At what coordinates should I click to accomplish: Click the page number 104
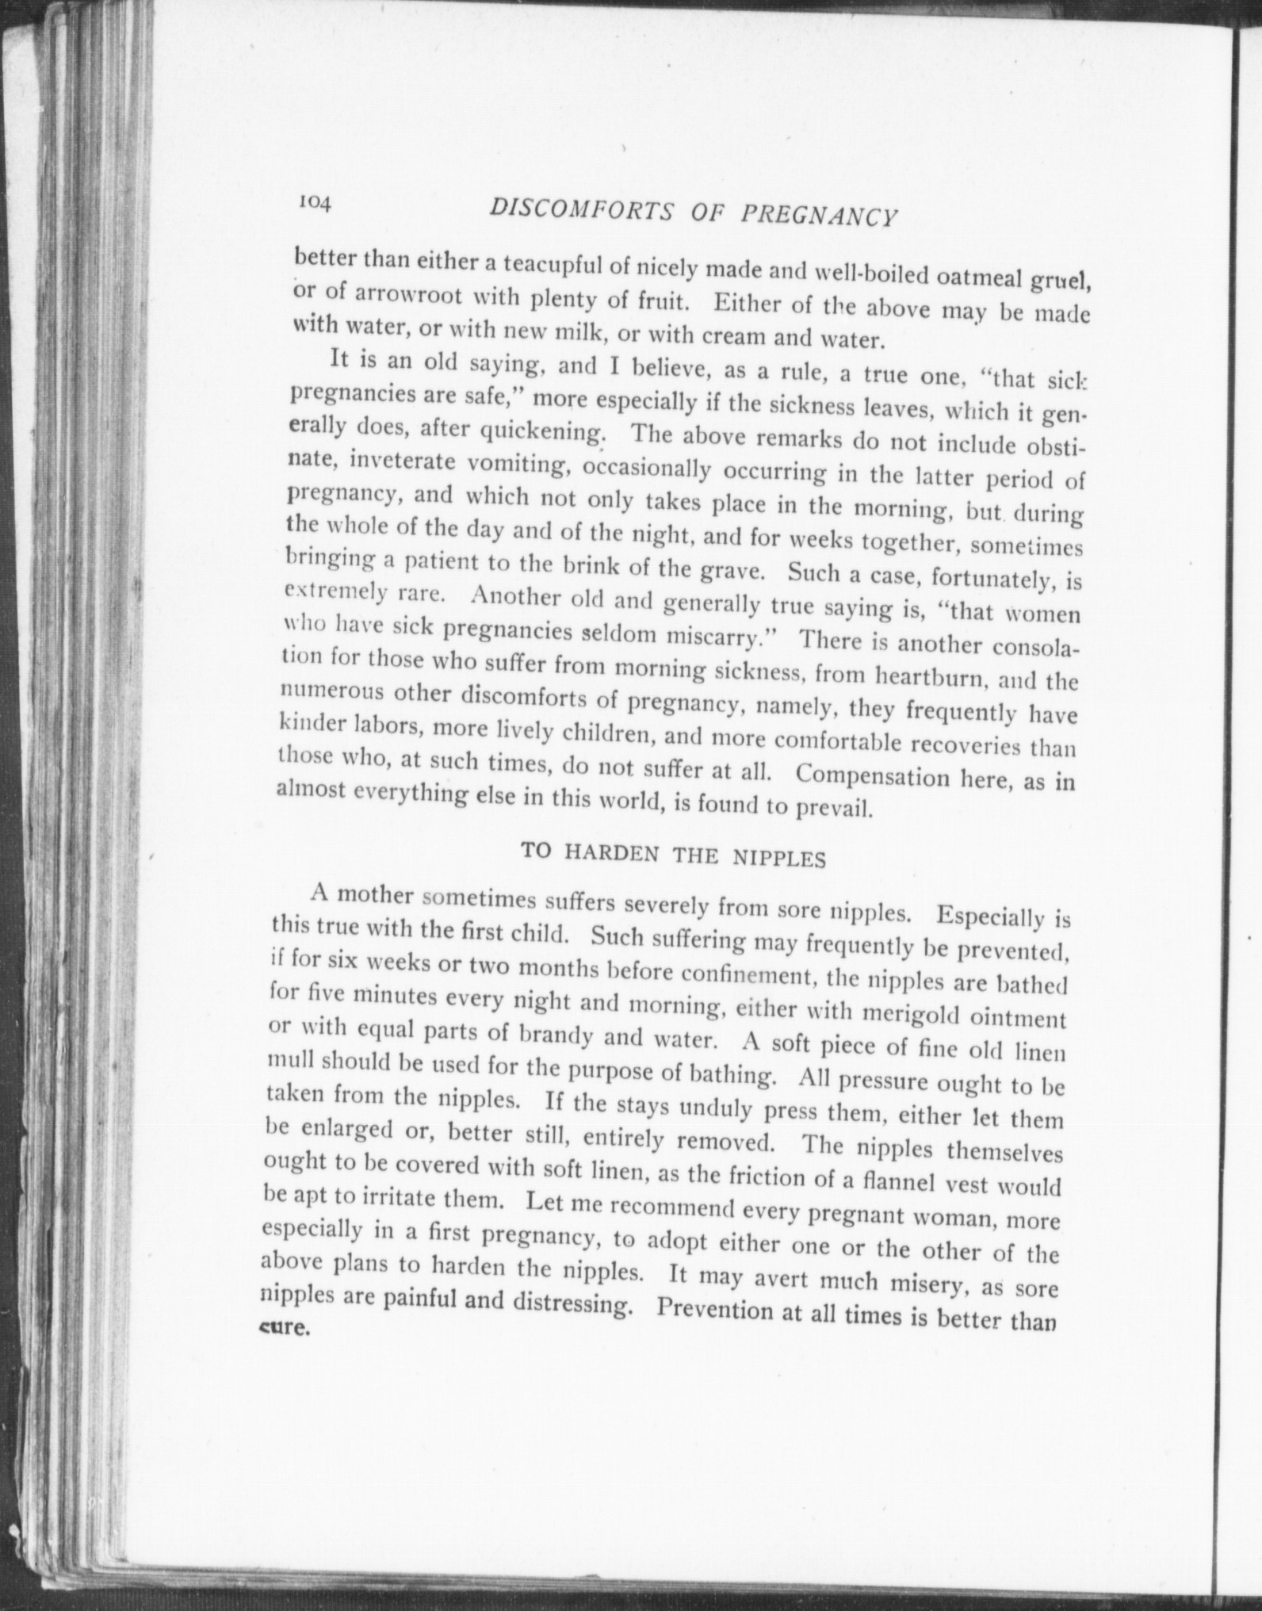pyautogui.click(x=315, y=202)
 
